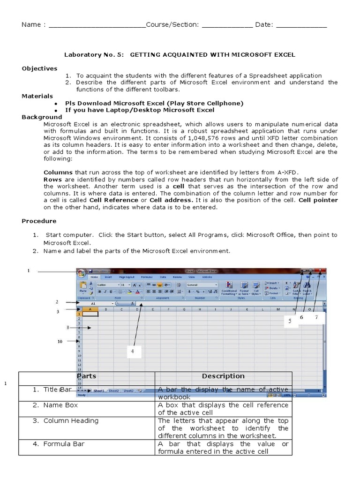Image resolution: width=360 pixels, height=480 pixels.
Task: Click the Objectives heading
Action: (x=39, y=68)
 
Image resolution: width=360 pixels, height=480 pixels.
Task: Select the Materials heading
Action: (x=37, y=96)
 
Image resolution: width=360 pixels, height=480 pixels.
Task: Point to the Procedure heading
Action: (x=39, y=221)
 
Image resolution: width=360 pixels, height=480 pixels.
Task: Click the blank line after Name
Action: (x=97, y=25)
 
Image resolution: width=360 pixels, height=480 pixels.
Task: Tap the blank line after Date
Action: (x=301, y=25)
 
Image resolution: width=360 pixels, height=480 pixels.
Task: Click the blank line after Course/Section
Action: (x=227, y=25)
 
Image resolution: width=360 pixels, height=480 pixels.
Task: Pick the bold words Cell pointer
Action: (x=318, y=200)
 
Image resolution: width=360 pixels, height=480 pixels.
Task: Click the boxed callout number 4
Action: (x=133, y=351)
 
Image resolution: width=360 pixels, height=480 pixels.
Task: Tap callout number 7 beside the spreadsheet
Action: (x=316, y=317)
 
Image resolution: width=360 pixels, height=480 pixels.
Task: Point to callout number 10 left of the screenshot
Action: (x=60, y=342)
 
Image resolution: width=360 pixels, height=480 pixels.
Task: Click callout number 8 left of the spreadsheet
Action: (x=68, y=328)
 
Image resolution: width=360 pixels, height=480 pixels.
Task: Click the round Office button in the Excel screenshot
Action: (x=82, y=273)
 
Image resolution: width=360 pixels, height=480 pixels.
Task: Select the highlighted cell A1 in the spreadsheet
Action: (x=90, y=314)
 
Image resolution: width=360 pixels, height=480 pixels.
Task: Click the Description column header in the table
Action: (x=223, y=376)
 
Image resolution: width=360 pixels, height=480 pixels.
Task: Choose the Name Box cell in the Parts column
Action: (x=60, y=405)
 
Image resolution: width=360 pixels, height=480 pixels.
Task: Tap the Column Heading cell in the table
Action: (x=71, y=420)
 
